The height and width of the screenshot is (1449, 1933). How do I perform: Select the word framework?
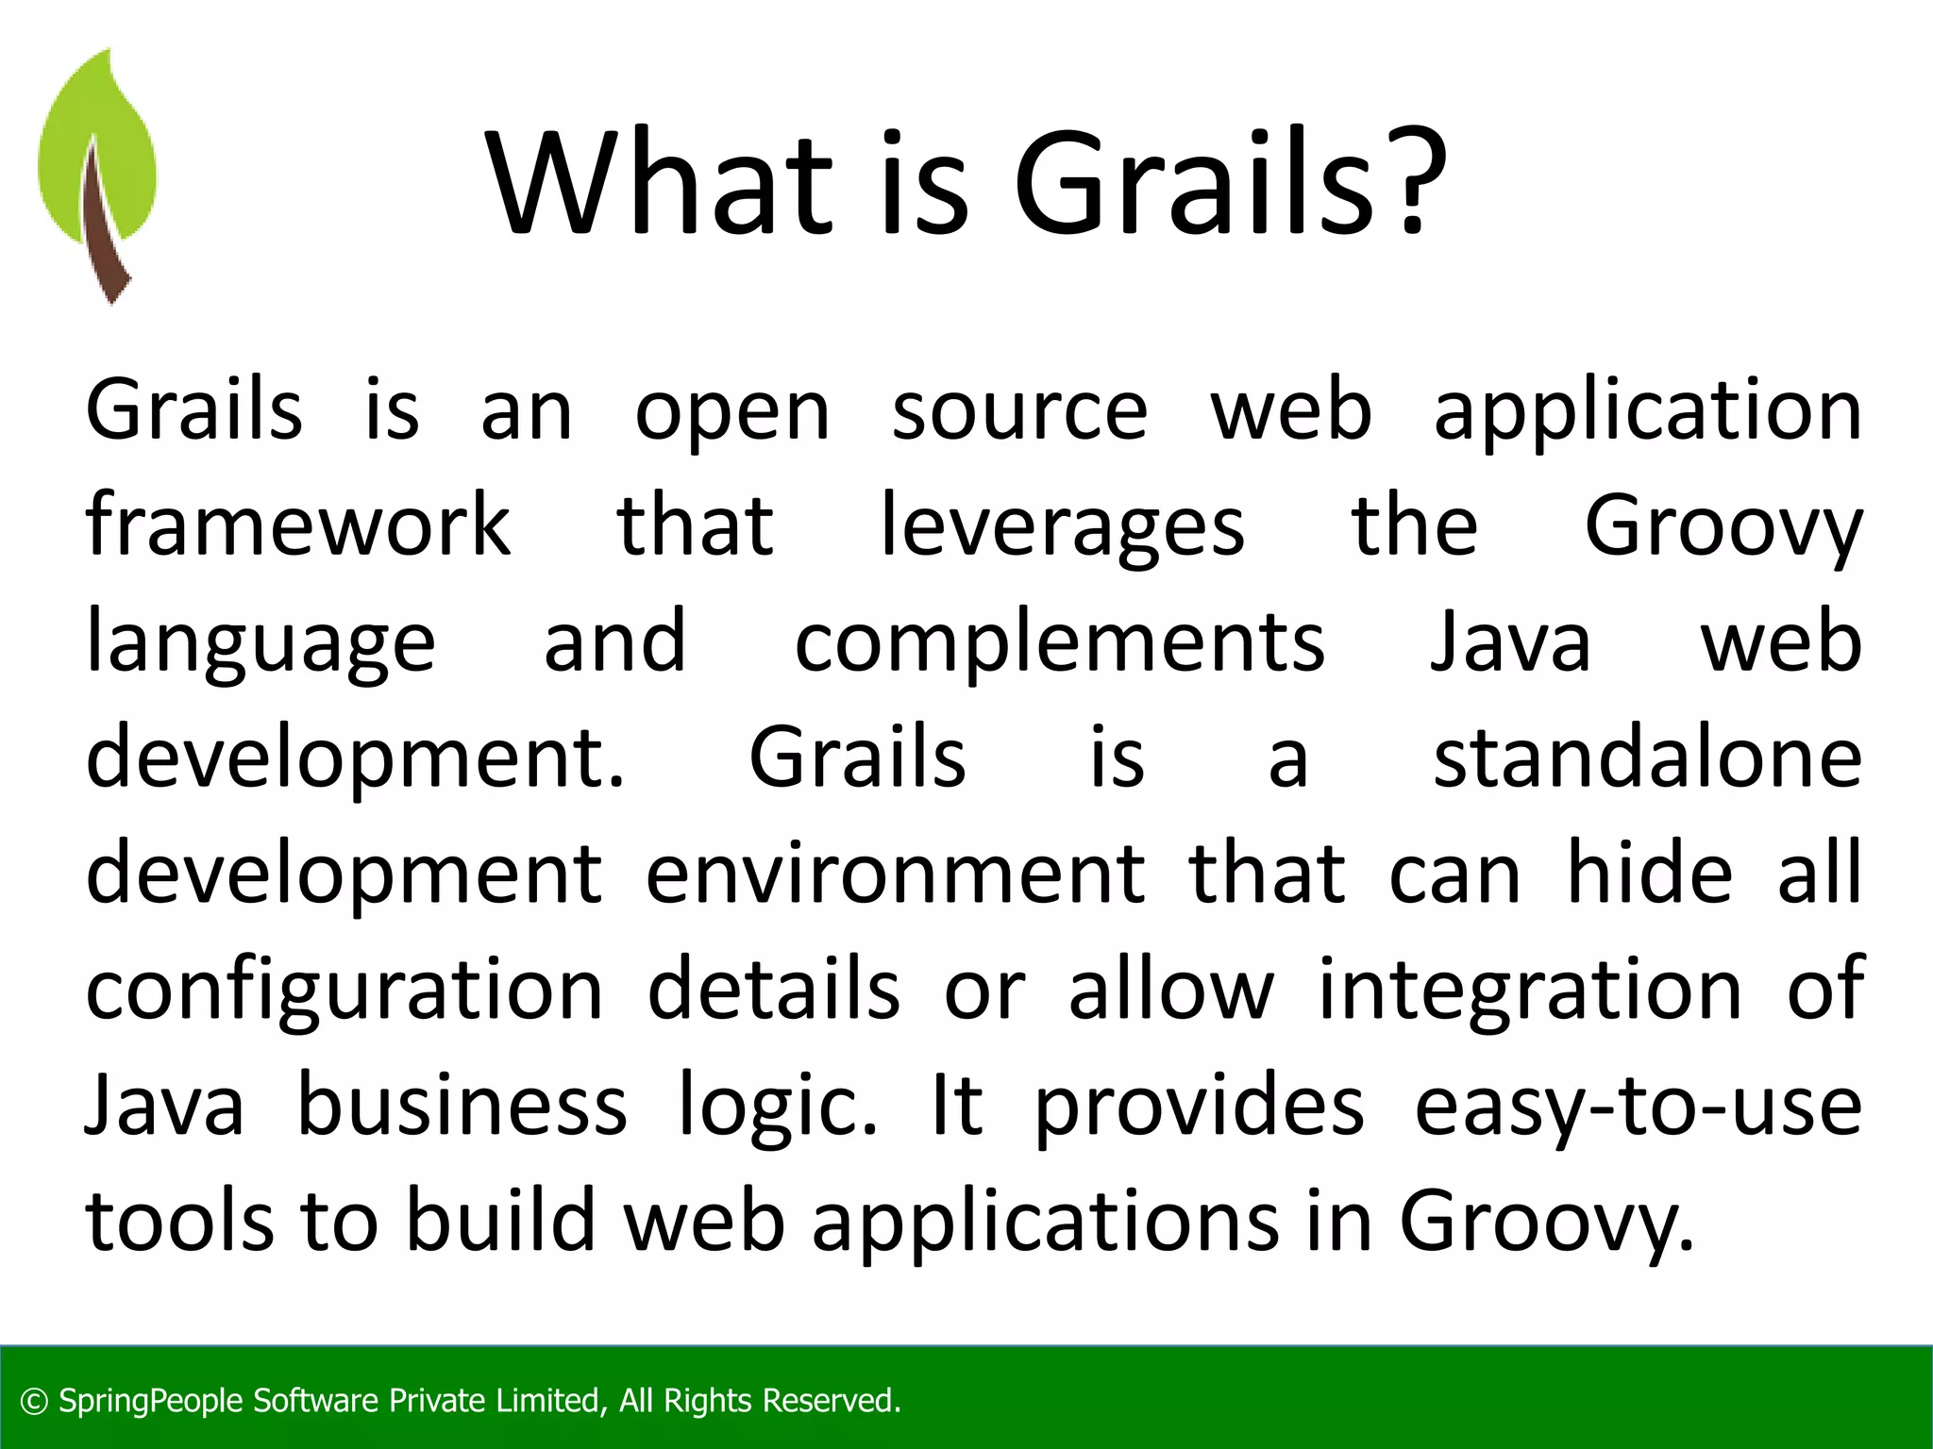pyautogui.click(x=297, y=525)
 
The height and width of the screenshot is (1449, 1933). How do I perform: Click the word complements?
pyautogui.click(x=1059, y=641)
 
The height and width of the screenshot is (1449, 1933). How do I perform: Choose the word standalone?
pyautogui.click(x=1647, y=758)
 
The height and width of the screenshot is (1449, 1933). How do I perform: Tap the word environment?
pyautogui.click(x=895, y=874)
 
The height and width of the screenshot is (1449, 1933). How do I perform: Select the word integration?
pyautogui.click(x=1529, y=989)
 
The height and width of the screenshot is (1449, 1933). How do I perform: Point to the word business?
pyautogui.click(x=462, y=1104)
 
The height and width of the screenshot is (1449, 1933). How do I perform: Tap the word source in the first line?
pyautogui.click(x=1019, y=412)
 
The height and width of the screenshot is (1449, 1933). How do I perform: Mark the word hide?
pyautogui.click(x=1649, y=873)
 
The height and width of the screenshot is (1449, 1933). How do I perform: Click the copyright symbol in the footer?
pyautogui.click(x=34, y=1402)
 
